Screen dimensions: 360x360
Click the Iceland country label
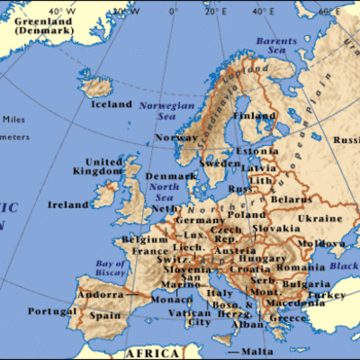(112, 103)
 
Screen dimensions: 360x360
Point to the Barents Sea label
(277, 46)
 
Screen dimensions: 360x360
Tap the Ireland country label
(68, 204)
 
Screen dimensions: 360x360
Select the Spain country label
(104, 317)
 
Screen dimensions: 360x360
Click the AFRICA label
(152, 354)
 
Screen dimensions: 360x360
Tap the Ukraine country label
(319, 219)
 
